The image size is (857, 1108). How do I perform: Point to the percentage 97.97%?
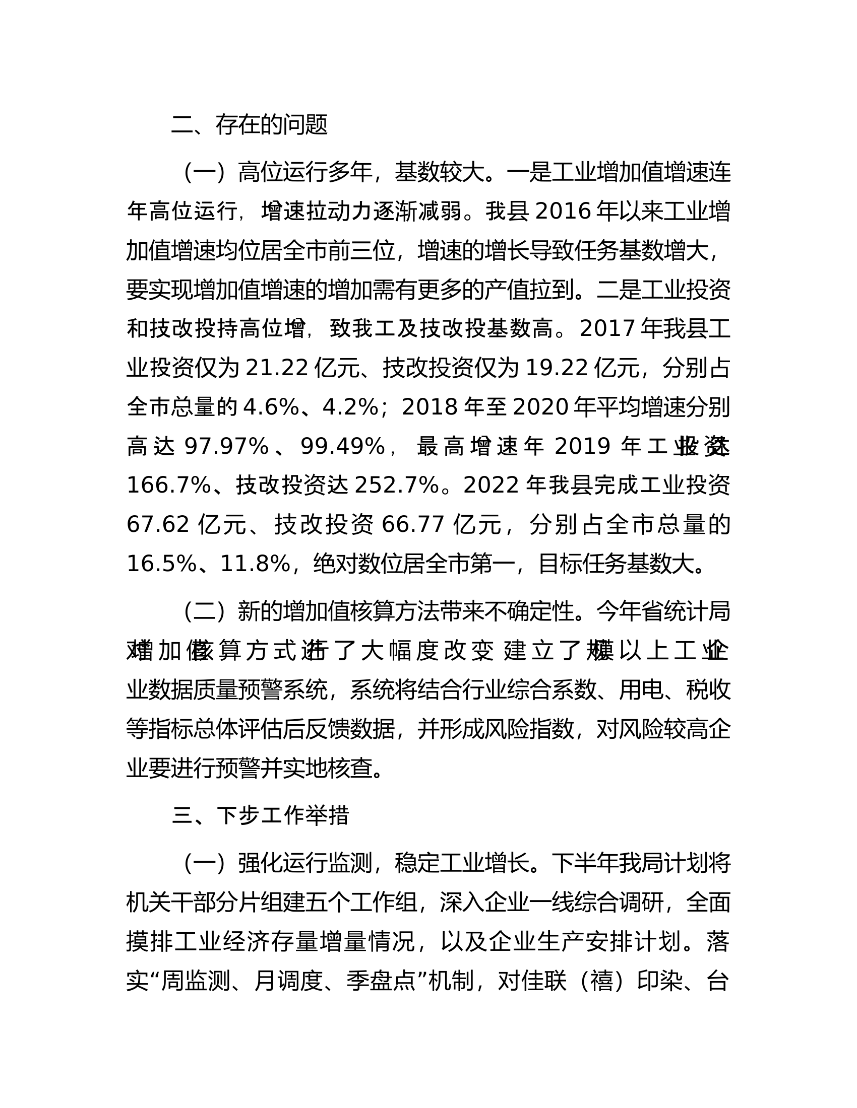226,446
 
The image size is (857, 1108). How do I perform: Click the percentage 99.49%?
343,446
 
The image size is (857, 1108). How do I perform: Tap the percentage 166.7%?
168,486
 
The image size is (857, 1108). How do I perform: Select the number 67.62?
158,524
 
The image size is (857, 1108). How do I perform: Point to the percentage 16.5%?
161,564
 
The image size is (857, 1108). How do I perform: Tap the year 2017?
606,329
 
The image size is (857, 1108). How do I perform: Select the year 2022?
491,486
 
